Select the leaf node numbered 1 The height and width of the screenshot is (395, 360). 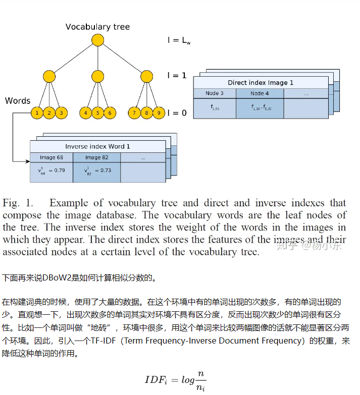(37, 113)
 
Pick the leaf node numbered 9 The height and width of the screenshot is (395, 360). (158, 113)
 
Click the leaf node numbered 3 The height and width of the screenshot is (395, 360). (61, 113)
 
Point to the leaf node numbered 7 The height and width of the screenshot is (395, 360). (134, 113)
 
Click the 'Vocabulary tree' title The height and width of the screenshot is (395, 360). (97, 27)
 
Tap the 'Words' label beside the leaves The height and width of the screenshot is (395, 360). (18, 100)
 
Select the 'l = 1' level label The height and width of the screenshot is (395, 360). (177, 76)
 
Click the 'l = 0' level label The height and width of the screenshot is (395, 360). (177, 113)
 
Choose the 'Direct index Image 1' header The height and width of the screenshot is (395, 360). (260, 82)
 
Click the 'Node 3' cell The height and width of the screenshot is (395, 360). (214, 93)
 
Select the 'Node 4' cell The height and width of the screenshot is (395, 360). (260, 93)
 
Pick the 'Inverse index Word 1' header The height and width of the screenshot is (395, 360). (97, 146)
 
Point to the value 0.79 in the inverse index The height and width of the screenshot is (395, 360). (59, 170)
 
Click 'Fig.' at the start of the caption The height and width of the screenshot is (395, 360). (11, 203)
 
